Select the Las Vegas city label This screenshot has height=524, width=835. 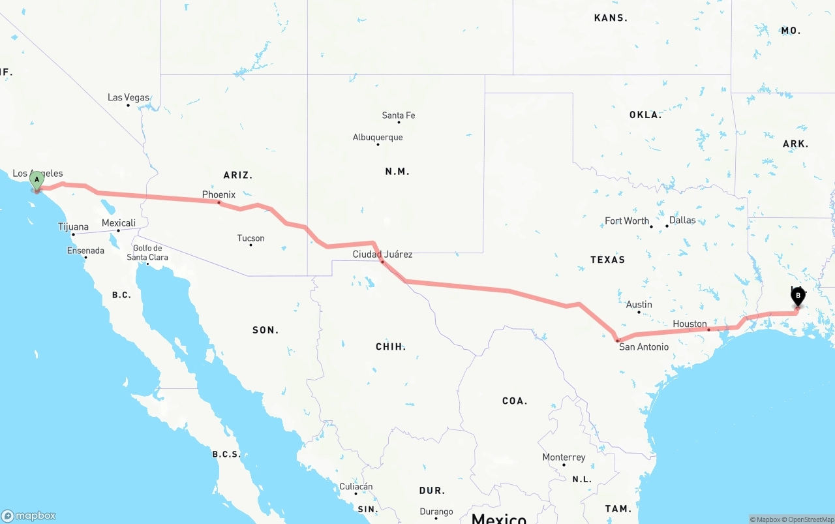pos(129,98)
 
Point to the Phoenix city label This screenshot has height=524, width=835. pos(219,194)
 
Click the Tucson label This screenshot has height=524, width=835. pos(251,238)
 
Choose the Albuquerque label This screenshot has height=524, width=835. pos(378,137)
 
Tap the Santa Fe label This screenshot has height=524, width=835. pos(398,116)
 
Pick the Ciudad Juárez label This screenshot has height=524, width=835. pos(382,254)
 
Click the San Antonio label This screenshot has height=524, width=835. pos(644,347)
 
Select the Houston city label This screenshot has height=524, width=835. pos(690,324)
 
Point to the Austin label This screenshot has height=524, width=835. pos(639,304)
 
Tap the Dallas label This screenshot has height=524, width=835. pos(682,220)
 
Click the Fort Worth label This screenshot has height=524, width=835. pos(627,221)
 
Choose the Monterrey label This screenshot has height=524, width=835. pos(564,457)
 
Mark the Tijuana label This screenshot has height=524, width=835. pos(73,227)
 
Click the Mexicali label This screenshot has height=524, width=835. pos(119,223)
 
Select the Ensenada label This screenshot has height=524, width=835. pos(85,251)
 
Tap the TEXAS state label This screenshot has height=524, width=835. pos(607,260)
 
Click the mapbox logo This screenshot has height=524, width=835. pos(29,516)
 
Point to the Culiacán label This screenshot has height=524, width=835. pos(356,486)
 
